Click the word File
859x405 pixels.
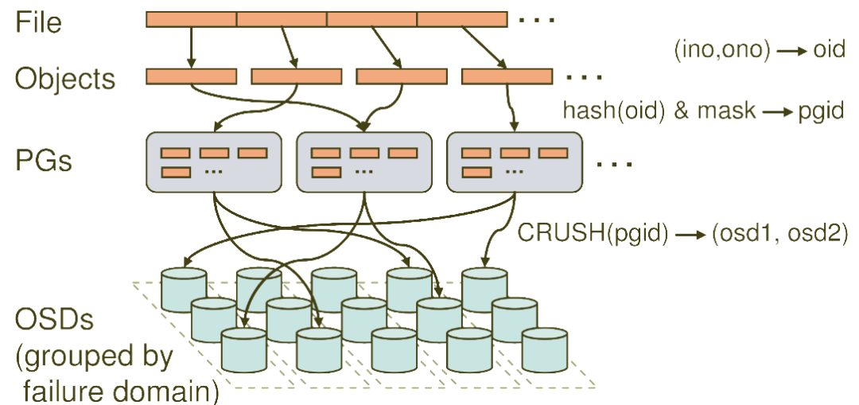tap(38, 22)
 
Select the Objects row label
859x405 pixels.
tap(65, 80)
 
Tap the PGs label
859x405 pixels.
tap(43, 162)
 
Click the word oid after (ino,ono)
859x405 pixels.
tap(829, 50)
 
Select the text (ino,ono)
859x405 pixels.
tap(722, 51)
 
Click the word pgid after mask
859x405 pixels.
tap(820, 112)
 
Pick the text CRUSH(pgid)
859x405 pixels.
tap(593, 234)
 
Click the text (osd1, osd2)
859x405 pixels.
tap(779, 234)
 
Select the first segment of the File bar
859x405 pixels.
tap(191, 19)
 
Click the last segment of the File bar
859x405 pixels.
tap(462, 19)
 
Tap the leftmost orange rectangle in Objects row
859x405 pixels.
tap(191, 76)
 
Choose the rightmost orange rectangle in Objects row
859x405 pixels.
tap(507, 76)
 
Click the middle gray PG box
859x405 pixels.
tap(363, 162)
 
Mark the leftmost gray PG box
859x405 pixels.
tap(214, 162)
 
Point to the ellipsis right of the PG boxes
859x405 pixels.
tap(614, 164)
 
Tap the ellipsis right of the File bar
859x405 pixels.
tap(537, 20)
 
